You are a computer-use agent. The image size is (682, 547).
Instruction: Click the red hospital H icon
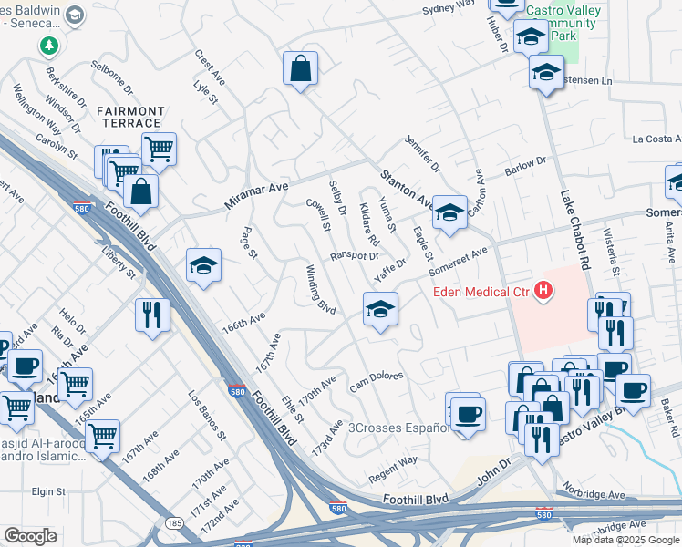543,292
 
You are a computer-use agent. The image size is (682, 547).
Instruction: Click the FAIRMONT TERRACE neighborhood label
130,118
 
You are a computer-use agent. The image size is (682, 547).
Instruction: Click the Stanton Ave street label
408,186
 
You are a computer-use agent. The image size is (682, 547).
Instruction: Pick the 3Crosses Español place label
398,427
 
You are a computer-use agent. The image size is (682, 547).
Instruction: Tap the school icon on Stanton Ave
449,212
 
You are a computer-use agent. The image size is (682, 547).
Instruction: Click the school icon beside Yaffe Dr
380,308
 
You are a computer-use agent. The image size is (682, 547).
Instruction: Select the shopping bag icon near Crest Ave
300,68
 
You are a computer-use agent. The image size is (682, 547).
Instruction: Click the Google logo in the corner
30,536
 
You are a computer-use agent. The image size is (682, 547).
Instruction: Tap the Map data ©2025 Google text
625,540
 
